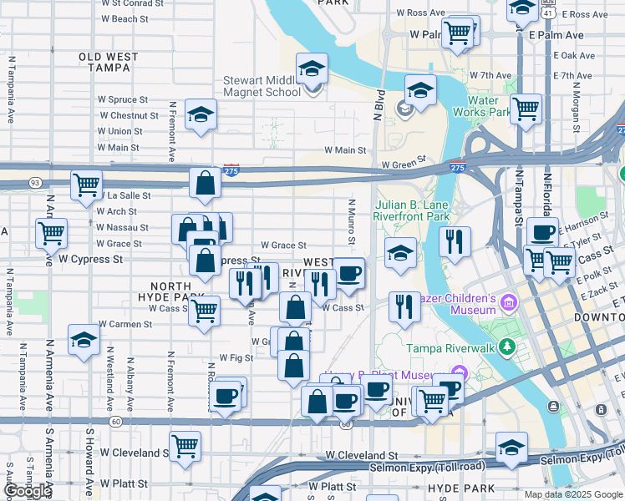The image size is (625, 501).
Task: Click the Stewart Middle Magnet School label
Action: pyautogui.click(x=261, y=87)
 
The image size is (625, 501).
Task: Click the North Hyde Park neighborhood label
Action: pyautogui.click(x=170, y=291)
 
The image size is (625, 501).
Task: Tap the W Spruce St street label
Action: pyautogui.click(x=123, y=100)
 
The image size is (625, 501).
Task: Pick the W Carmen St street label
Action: pyautogui.click(x=125, y=324)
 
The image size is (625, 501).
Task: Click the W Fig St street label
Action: pyautogui.click(x=236, y=357)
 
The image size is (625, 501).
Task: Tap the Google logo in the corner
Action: pyautogui.click(x=28, y=491)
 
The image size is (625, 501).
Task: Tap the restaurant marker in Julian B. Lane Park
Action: pyautogui.click(x=455, y=241)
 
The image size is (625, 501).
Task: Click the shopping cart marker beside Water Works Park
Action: pyautogui.click(x=526, y=109)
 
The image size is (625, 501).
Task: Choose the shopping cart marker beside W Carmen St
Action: pyautogui.click(x=205, y=311)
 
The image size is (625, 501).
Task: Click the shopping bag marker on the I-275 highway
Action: pyautogui.click(x=205, y=184)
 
